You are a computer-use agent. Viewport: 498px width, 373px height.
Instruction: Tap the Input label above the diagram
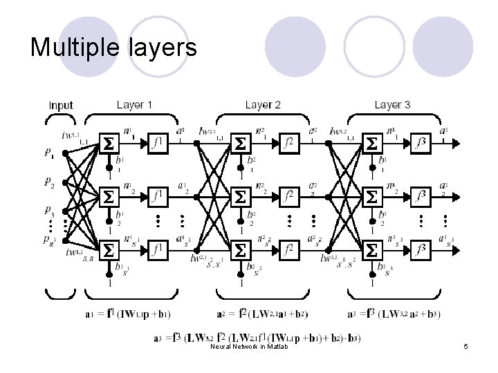pos(61,106)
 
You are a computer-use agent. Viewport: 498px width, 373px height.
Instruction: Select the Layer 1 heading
pos(135,105)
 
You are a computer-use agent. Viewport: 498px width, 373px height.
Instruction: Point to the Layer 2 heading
pos(263,105)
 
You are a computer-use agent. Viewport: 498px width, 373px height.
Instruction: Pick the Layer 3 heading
pos(392,105)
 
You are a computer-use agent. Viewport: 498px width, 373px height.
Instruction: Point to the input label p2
pos(48,182)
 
